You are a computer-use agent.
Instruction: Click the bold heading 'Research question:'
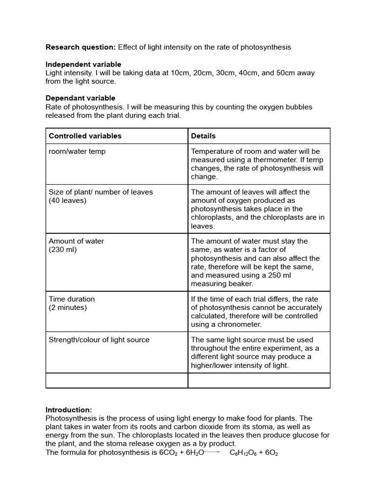(81, 47)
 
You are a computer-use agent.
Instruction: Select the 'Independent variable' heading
(83, 64)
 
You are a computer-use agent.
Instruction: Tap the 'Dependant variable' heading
(81, 98)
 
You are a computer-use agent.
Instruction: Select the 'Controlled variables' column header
(85, 136)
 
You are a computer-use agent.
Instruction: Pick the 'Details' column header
(203, 136)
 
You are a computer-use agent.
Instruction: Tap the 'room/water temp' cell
(77, 151)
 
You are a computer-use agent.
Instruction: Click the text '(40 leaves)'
(67, 200)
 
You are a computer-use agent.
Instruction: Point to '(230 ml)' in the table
(63, 250)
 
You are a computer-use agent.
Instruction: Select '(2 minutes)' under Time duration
(68, 307)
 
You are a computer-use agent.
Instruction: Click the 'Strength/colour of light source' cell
(99, 339)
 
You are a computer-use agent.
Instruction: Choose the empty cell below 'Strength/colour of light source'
(117, 380)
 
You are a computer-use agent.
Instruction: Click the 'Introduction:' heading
(69, 410)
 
